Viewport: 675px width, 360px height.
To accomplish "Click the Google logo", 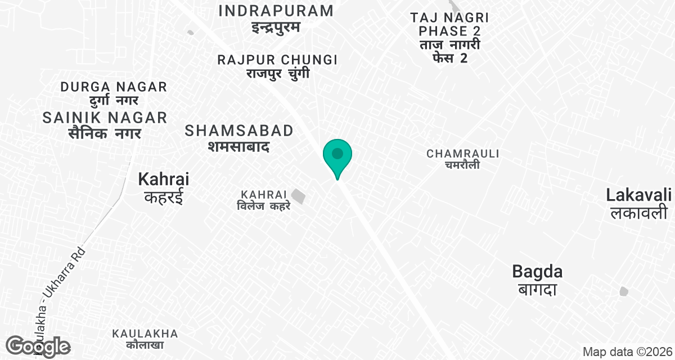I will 38,346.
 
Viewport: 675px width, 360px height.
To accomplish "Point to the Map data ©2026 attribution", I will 627,352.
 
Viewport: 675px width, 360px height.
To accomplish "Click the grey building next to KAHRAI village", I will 299,197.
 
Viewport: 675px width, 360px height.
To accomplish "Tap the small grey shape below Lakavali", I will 623,291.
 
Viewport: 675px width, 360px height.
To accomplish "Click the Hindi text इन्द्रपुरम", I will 276,27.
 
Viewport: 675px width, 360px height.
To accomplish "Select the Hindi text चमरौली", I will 463,165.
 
